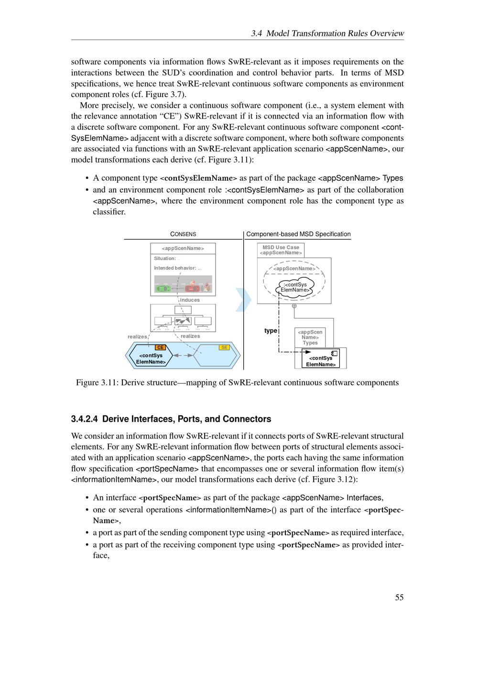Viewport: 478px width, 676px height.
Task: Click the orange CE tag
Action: pos(160,348)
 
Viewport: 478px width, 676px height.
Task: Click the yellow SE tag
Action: pos(224,348)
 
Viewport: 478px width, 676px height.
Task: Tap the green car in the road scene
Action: pos(163,288)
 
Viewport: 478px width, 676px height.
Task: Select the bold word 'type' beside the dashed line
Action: pos(271,331)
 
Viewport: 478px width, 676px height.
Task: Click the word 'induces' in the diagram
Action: pos(190,300)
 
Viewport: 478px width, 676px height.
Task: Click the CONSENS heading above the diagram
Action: pos(183,234)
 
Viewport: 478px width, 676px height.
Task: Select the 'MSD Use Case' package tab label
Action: pos(281,248)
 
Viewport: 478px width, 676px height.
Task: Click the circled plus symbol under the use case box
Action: pos(294,306)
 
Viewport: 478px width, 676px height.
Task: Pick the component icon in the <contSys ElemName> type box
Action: pos(335,353)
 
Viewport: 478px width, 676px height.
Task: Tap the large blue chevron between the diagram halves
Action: pos(244,300)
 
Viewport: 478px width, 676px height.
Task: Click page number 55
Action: pos(399,598)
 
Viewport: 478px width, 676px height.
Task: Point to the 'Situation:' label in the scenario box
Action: pos(164,259)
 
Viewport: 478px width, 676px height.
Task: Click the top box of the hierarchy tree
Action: pos(183,310)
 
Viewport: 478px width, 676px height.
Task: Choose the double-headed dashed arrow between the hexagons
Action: pos(184,355)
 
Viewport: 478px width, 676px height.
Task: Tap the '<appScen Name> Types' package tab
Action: pos(310,337)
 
